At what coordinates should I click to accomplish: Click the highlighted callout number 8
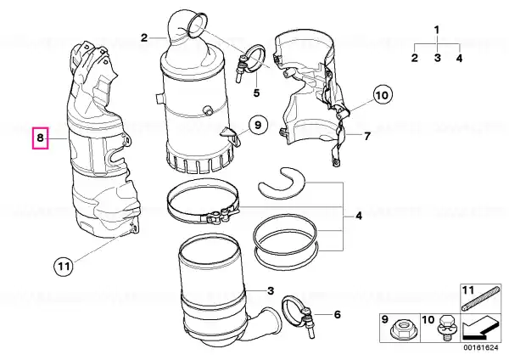pos(40,138)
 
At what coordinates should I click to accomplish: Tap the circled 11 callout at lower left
pos(64,266)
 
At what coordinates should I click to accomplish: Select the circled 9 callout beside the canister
pos(257,125)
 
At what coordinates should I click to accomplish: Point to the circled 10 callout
pos(382,95)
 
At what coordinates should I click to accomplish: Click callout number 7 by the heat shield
pos(366,136)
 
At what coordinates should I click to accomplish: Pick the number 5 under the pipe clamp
pos(256,93)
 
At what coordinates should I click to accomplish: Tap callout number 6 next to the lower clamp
pos(338,314)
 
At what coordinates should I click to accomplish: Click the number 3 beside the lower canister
pos(271,290)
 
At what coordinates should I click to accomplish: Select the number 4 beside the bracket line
pos(358,216)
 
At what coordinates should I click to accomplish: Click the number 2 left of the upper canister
pos(144,38)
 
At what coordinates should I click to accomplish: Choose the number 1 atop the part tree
pos(437,30)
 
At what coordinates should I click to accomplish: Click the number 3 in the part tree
pos(438,58)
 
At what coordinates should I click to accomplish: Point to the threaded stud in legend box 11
pos(481,296)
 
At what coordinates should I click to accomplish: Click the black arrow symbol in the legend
pos(479,327)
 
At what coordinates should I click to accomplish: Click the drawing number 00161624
pos(480,347)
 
